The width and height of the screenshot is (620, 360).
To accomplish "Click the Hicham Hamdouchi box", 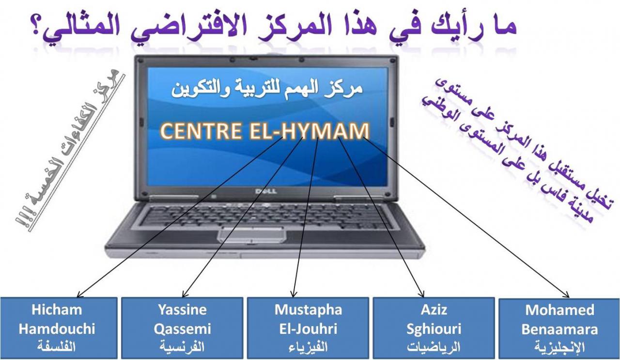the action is [59, 328].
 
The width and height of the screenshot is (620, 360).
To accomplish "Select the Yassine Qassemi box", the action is [182, 328].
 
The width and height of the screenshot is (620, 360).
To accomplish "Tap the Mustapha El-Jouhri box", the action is [308, 328].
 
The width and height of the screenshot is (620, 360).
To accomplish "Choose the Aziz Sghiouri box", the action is [434, 328].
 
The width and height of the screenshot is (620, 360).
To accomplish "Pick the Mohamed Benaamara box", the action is [559, 329].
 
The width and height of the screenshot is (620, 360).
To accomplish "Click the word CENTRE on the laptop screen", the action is [201, 131].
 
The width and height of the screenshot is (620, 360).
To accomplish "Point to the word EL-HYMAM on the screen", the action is [309, 131].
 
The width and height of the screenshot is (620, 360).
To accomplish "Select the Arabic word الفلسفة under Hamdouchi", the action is [56, 346].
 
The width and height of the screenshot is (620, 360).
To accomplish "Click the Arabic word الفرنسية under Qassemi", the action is [182, 346].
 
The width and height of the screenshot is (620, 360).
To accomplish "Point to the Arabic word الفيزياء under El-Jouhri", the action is [308, 347].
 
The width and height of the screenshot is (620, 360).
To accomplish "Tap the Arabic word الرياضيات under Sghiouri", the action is [434, 347].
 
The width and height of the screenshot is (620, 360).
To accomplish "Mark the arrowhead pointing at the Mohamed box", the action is [566, 295].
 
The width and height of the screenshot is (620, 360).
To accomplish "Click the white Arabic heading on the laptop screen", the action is [267, 89].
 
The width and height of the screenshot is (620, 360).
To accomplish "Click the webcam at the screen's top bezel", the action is [252, 59].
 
